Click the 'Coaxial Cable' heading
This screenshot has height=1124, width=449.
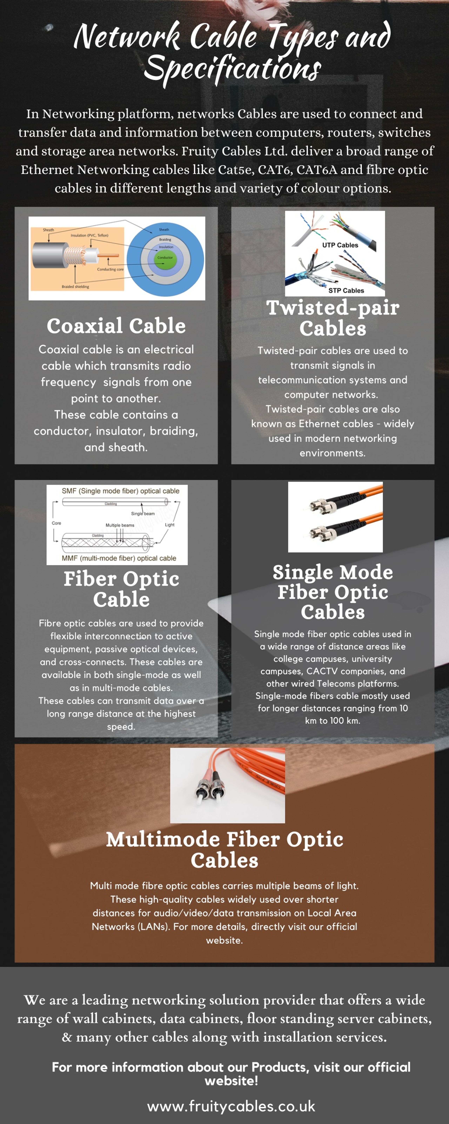[x=116, y=326]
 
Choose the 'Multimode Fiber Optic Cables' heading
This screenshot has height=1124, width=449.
[x=224, y=849]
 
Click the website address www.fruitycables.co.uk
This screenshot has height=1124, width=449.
[x=231, y=1106]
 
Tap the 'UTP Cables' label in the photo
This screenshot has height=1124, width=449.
[x=340, y=245]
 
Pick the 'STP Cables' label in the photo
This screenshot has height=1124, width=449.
[x=346, y=291]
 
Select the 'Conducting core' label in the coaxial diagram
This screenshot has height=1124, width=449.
[x=110, y=269]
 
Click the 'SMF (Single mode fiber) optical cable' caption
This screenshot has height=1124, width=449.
[x=120, y=491]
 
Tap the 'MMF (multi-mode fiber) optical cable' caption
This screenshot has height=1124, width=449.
[x=119, y=558]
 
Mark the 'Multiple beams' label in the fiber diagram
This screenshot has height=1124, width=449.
[x=120, y=525]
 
